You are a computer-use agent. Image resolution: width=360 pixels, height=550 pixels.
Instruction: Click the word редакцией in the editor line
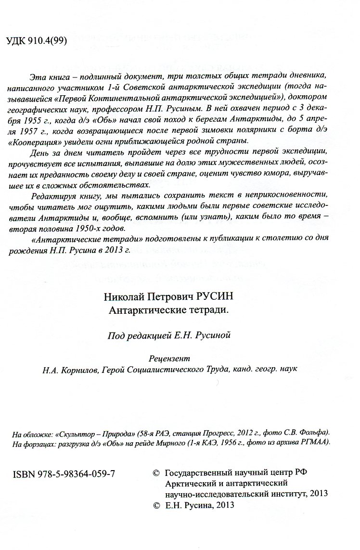click(151, 336)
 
